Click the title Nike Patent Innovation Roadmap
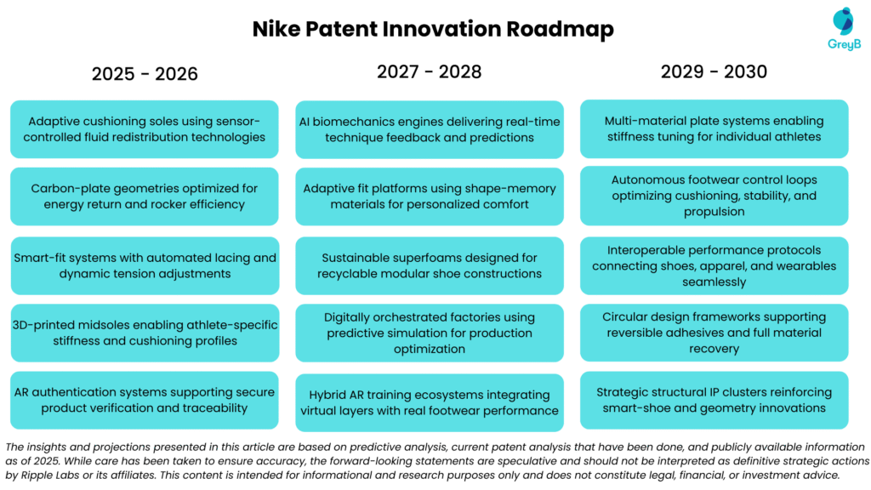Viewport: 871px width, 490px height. tap(433, 29)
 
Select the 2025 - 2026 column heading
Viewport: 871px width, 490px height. tap(145, 74)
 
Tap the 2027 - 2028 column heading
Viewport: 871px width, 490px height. tap(429, 71)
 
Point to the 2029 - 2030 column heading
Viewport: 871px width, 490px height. tap(714, 71)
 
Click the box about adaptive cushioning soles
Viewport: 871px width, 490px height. tap(145, 129)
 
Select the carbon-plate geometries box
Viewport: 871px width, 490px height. tap(145, 197)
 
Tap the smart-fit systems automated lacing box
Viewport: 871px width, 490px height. tap(145, 265)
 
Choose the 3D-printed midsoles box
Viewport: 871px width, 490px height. tap(145, 333)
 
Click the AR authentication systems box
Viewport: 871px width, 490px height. tap(145, 400)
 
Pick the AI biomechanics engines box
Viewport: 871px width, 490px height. tap(429, 129)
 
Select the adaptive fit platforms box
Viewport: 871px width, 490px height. tap(429, 197)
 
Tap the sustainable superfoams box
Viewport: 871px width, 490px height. tap(429, 265)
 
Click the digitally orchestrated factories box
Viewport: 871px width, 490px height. tap(429, 333)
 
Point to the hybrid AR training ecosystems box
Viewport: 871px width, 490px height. tap(429, 402)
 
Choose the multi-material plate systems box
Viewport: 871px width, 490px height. tap(714, 128)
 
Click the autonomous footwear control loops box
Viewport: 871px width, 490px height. tap(714, 196)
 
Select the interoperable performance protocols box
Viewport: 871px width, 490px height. tap(714, 265)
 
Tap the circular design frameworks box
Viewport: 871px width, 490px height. tap(714, 333)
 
